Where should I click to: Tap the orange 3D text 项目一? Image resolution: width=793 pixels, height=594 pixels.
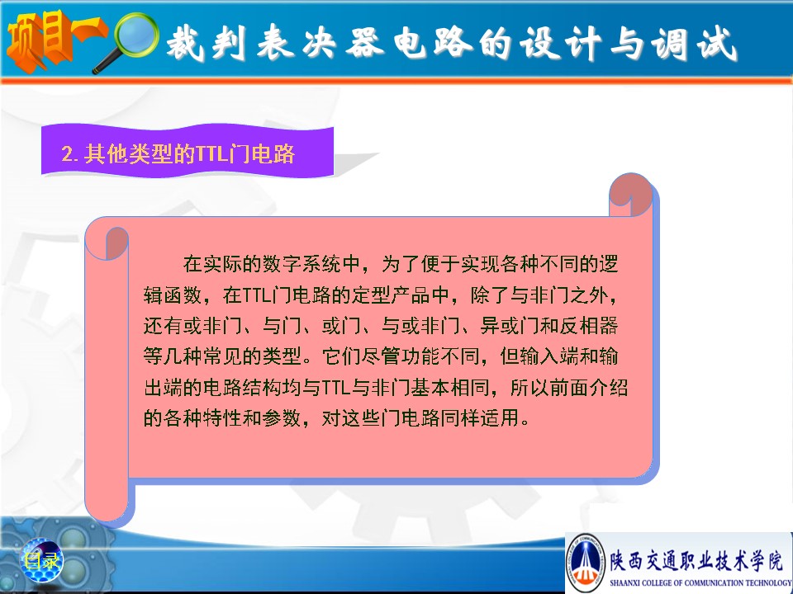coord(55,40)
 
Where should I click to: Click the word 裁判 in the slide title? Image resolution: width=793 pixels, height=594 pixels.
coord(207,42)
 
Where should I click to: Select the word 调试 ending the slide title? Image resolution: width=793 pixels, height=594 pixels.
coord(695,44)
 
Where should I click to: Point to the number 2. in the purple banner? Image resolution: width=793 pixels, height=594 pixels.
coord(69,153)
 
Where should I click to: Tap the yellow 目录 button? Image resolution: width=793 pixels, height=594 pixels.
coord(41,561)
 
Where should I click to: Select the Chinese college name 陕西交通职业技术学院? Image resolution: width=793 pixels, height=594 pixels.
coord(696,561)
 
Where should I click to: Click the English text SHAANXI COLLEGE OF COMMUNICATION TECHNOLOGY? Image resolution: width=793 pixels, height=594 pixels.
coord(700,582)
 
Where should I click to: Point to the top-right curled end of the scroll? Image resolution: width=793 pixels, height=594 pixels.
coord(630,195)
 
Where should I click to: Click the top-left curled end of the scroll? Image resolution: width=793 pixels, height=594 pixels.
coord(107,242)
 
